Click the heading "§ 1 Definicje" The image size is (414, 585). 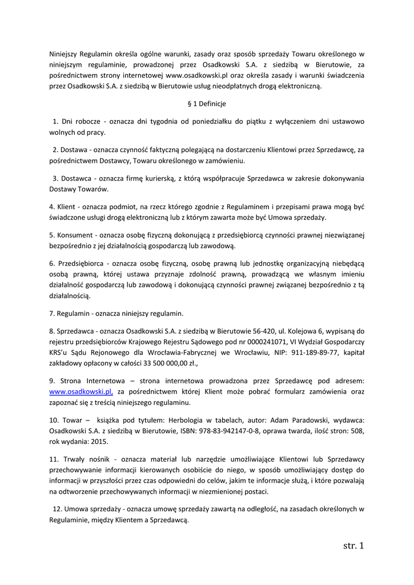click(x=207, y=104)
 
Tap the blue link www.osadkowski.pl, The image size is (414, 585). click(x=81, y=391)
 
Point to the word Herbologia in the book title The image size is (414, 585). click(x=176, y=420)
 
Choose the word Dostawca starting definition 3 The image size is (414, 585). click(x=75, y=178)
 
